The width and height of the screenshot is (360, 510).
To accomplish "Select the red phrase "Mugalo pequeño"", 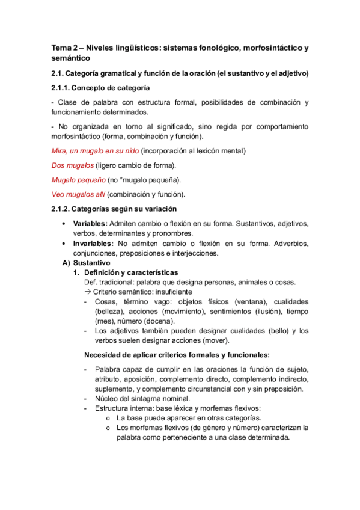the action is (x=78, y=179).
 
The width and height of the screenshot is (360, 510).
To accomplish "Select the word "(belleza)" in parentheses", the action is (x=109, y=312).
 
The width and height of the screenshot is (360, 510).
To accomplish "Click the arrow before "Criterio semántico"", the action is (x=88, y=292).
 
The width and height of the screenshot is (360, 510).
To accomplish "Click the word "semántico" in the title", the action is (x=70, y=58).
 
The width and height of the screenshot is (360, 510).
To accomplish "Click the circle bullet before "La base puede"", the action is (x=108, y=418).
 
